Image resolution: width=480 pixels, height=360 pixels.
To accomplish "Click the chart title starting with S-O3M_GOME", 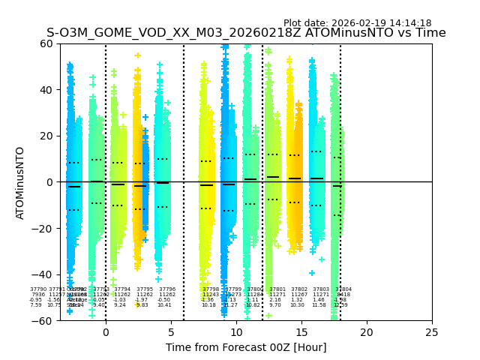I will tap(246, 33).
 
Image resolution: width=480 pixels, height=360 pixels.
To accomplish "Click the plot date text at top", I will tap(357, 23).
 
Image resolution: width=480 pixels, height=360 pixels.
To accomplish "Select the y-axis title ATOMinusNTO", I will tap(21, 182).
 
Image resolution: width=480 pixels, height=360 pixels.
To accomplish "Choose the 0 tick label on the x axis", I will tap(106, 332).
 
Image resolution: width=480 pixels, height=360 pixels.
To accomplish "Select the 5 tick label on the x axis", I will tap(171, 332).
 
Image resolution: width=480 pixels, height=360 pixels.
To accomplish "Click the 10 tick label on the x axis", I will tap(236, 332).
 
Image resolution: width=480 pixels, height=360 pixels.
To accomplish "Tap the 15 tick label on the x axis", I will tap(301, 332).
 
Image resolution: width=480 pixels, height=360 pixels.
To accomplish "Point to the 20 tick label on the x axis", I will tap(367, 332).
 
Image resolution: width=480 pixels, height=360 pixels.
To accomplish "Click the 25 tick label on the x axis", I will tap(432, 332).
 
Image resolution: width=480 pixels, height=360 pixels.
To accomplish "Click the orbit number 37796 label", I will tap(167, 289).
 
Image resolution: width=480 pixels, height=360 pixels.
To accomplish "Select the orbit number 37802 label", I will tap(299, 289).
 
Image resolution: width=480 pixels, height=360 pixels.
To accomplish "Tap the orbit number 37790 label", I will tap(38, 289).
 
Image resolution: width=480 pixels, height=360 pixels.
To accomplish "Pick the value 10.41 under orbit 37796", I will tap(164, 305).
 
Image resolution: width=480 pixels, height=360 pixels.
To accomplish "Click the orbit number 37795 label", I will tap(145, 289).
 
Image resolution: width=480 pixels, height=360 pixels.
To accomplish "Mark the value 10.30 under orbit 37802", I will tap(297, 305).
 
